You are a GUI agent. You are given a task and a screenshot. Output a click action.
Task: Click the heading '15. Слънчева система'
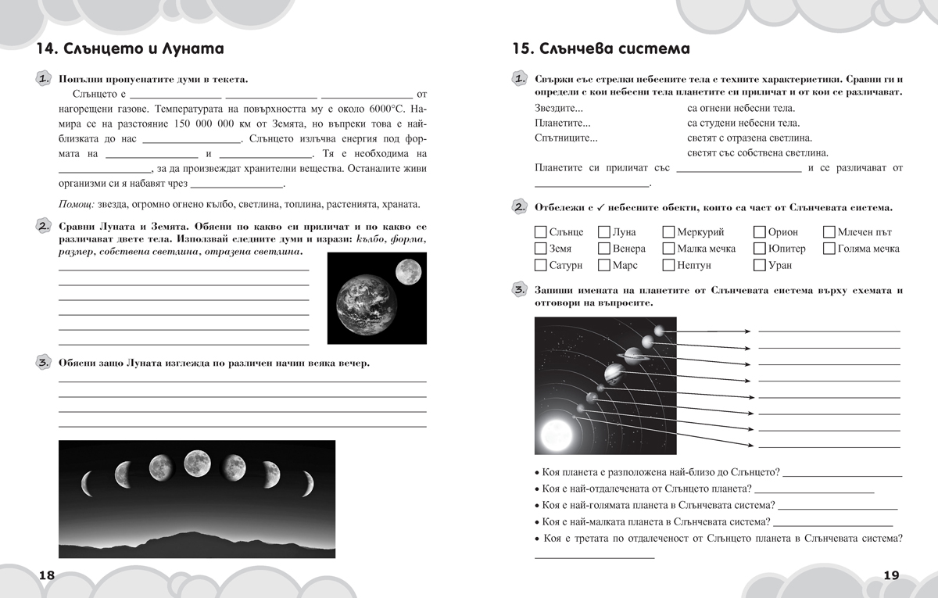tap(600, 49)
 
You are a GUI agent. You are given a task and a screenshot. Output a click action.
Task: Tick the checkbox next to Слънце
tap(540, 232)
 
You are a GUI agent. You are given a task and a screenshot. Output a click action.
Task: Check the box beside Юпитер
tap(760, 249)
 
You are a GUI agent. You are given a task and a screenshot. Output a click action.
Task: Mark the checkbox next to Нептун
tap(668, 265)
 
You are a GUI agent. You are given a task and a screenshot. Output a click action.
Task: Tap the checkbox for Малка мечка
tap(668, 249)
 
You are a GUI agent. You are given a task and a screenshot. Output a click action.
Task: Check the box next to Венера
tap(604, 249)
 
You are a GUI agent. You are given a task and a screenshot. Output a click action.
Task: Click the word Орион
tap(782, 232)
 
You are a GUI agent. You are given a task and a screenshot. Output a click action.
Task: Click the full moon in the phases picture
tap(197, 464)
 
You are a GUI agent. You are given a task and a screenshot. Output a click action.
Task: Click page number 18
tap(46, 575)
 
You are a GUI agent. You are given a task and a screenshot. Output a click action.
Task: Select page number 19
tap(891, 575)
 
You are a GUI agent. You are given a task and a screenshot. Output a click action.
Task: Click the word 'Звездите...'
tap(559, 109)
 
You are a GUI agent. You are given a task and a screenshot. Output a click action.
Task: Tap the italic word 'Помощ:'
tap(77, 204)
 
